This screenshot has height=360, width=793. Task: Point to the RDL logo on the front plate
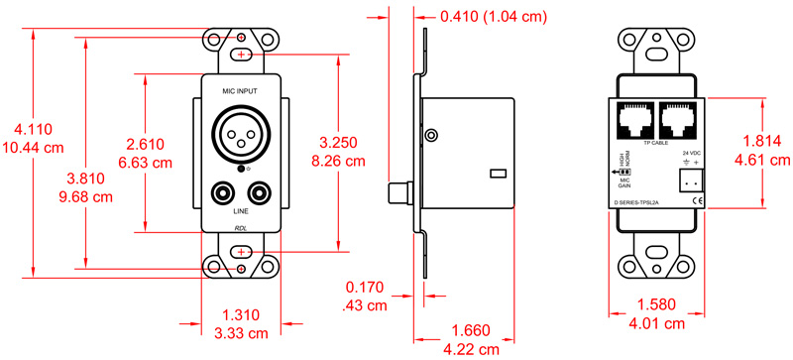point(241,228)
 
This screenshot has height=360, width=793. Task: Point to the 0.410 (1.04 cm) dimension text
point(492,17)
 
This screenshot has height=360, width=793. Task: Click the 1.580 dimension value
point(656,305)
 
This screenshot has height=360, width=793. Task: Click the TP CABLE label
point(655,144)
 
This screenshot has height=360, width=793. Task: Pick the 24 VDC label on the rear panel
point(691,153)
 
